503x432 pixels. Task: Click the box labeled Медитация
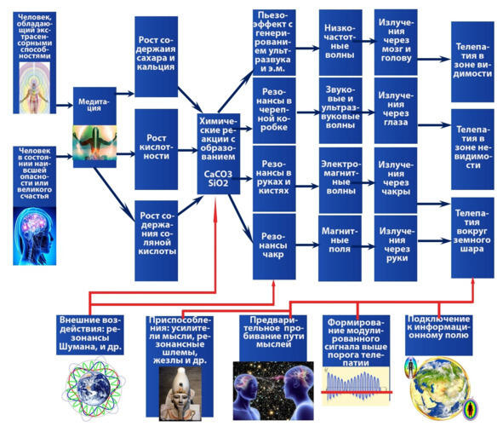coord(94,127)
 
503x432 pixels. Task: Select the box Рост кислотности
coord(157,149)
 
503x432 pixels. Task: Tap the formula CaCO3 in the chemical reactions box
coord(218,174)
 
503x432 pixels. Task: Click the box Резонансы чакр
coord(274,246)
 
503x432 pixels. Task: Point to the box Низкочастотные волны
coord(340,43)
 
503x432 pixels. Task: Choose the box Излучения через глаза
coord(396,110)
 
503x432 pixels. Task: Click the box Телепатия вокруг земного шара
coord(472,238)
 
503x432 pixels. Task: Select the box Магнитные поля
coord(340,248)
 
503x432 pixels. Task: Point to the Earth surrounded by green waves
coord(93,389)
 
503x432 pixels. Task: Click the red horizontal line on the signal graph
coord(357,392)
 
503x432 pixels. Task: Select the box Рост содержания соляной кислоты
coord(157,241)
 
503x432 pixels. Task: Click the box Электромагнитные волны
coord(340,181)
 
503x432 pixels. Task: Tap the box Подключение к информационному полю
coord(439,335)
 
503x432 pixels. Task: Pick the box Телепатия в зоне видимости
coord(472,62)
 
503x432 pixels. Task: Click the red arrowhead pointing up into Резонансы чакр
coord(274,283)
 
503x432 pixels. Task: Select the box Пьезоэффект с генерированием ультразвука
coord(274,43)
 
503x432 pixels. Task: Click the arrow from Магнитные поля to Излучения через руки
coord(363,246)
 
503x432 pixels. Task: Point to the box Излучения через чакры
coord(396,181)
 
